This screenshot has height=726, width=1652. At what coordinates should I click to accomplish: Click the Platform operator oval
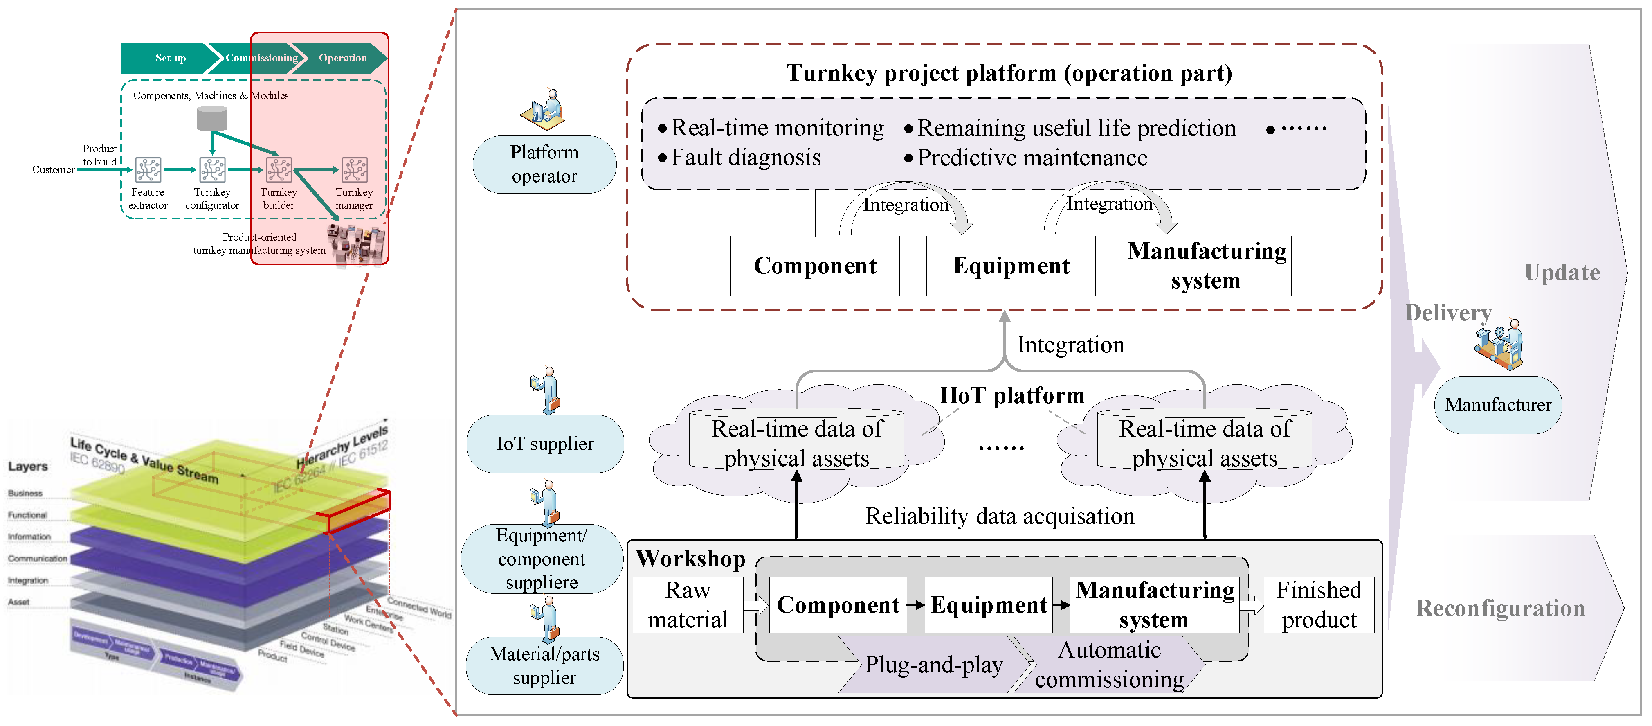click(x=544, y=165)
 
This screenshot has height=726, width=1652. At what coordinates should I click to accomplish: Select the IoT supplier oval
click(x=544, y=444)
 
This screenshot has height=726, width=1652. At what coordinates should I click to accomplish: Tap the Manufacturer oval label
click(x=1497, y=405)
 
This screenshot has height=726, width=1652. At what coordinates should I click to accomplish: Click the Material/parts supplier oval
click(x=544, y=666)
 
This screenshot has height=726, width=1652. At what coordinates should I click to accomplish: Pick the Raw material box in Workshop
click(x=688, y=605)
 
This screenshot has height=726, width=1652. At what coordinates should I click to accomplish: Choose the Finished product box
click(x=1319, y=605)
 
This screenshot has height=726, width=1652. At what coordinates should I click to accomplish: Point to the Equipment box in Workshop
click(x=988, y=605)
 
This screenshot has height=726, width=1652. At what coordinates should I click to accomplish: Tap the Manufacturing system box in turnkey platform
click(x=1206, y=266)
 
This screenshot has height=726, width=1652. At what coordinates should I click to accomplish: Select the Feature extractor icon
click(x=148, y=170)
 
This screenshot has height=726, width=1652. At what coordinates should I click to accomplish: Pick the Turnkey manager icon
click(x=354, y=170)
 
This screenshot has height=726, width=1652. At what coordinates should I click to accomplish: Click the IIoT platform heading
click(x=1011, y=395)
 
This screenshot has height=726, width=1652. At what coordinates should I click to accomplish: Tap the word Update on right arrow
click(x=1562, y=273)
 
